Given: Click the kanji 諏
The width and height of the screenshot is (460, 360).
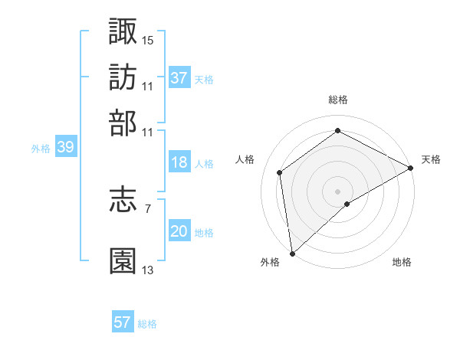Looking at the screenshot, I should (123, 31).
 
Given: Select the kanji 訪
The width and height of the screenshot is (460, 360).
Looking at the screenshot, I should (123, 77).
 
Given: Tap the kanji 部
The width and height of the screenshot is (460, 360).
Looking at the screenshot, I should (123, 123).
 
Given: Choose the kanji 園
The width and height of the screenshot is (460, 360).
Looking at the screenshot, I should (123, 260).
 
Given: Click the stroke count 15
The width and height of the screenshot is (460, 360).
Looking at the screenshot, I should (148, 39).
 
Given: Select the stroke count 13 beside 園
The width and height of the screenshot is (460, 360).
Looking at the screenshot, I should (148, 270).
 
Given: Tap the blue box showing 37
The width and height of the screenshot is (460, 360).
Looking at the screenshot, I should (179, 78).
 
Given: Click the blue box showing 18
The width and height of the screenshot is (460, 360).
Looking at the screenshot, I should (179, 162).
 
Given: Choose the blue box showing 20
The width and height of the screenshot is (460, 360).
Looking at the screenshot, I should (179, 232).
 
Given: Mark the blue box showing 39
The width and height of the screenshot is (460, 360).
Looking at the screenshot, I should (65, 148).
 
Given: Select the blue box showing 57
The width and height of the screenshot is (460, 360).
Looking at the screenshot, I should (123, 322).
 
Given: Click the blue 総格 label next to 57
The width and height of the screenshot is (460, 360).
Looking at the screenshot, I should (148, 324).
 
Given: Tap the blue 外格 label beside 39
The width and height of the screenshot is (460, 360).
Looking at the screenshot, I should (41, 149).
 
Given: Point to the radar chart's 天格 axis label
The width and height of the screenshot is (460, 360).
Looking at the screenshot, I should (431, 159).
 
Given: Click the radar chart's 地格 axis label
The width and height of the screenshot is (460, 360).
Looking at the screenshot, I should (402, 262).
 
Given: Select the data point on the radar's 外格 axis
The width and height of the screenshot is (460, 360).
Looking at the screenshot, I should (292, 253).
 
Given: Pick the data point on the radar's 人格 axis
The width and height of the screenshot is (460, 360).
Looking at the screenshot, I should (280, 172).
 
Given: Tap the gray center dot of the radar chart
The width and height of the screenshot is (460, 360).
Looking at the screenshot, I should (337, 190).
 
